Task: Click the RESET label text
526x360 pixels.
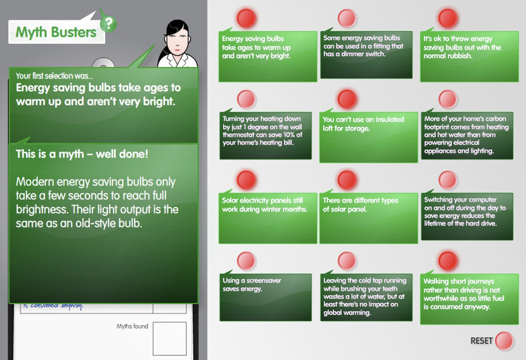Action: pyautogui.click(x=481, y=341)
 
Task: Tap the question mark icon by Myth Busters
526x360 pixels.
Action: pyautogui.click(x=108, y=24)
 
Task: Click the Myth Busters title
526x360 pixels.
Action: pyautogui.click(x=56, y=32)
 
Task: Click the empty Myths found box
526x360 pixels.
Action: pyautogui.click(x=170, y=339)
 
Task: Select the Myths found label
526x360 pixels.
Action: pyautogui.click(x=132, y=326)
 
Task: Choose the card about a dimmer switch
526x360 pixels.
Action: pyautogui.click(x=366, y=55)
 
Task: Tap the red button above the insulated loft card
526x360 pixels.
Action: pyautogui.click(x=347, y=99)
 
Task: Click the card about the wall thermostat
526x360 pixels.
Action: pyautogui.click(x=266, y=135)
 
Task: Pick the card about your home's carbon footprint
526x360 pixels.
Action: pyautogui.click(x=467, y=135)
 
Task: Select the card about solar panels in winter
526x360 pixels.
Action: pyautogui.click(x=268, y=218)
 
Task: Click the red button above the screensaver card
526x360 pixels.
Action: pyautogui.click(x=246, y=260)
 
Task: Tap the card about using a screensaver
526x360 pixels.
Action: pyautogui.click(x=266, y=297)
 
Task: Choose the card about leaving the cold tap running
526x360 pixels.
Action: pyautogui.click(x=366, y=297)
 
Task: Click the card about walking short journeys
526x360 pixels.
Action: pyautogui.click(x=469, y=299)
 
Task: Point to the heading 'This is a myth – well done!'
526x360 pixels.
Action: pyautogui.click(x=82, y=154)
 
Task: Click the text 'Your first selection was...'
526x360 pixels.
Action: pyautogui.click(x=54, y=76)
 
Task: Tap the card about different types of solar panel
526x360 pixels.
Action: pyautogui.click(x=368, y=218)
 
